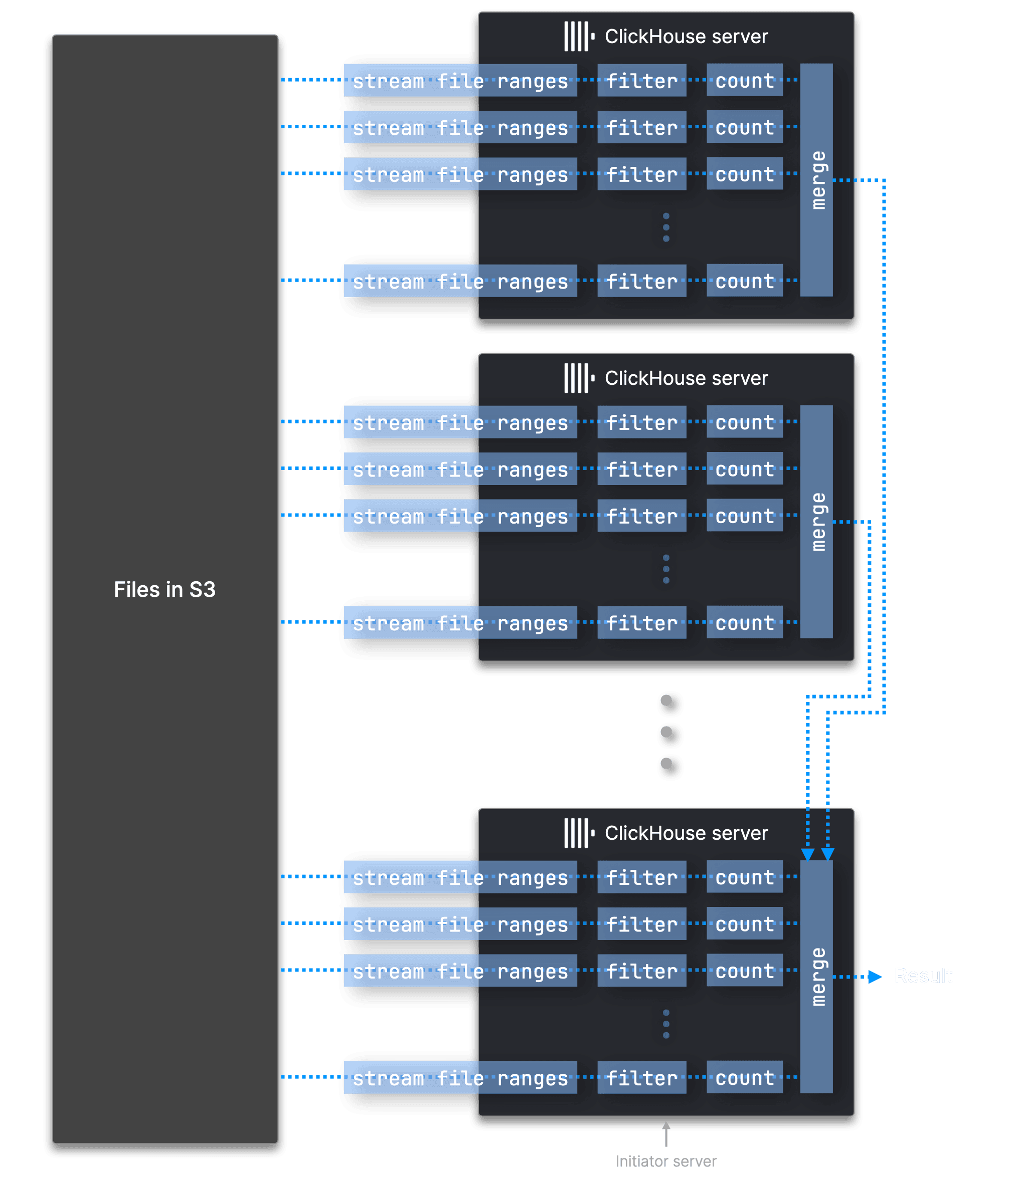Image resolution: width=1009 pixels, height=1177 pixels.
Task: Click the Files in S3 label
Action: click(x=164, y=590)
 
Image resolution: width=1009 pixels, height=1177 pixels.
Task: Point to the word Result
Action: click(x=923, y=976)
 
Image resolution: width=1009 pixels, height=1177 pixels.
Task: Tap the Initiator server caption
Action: click(x=665, y=1161)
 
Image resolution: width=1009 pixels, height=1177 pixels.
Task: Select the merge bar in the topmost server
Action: click(x=816, y=179)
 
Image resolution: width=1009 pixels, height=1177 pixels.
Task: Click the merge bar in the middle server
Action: click(x=816, y=522)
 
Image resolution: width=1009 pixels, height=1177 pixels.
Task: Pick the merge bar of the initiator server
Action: click(x=816, y=977)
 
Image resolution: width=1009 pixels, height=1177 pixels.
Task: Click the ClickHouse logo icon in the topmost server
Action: click(x=579, y=37)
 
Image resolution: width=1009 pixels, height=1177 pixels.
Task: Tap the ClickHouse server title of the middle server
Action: click(x=686, y=378)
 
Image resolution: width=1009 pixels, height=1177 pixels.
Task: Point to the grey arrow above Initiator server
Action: click(x=666, y=1133)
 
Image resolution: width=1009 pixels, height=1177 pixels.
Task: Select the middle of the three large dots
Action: click(x=669, y=735)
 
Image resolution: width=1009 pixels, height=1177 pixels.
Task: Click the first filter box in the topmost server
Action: click(x=642, y=81)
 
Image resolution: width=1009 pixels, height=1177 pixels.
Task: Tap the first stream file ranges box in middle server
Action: click(x=460, y=422)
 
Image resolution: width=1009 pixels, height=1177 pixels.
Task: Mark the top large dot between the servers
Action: click(x=669, y=703)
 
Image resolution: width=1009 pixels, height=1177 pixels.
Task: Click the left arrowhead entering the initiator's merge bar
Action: click(x=807, y=854)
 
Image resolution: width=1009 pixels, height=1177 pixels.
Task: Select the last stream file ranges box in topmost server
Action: click(x=460, y=281)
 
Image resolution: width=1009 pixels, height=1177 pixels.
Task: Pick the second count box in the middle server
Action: click(x=745, y=468)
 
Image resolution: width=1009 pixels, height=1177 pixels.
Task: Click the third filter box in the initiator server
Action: click(x=642, y=970)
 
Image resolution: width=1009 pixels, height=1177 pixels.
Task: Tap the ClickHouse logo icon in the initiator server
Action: click(x=579, y=833)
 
